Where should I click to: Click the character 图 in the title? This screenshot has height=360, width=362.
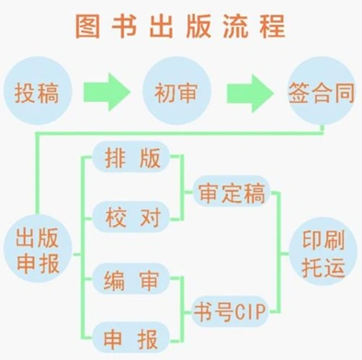[x=86, y=27]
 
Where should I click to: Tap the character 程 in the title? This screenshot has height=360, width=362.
[x=273, y=27]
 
